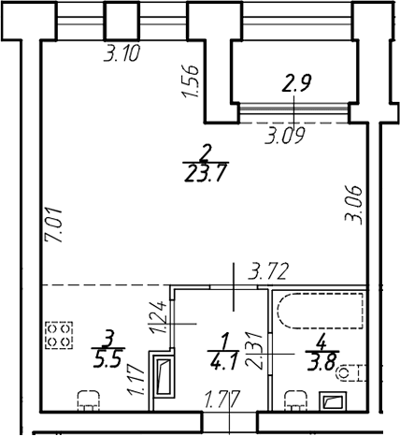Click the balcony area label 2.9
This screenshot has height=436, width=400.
click(x=296, y=83)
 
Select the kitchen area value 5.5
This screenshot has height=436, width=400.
click(x=107, y=359)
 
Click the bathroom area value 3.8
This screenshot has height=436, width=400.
click(x=322, y=363)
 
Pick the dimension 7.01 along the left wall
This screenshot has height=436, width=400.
click(x=53, y=226)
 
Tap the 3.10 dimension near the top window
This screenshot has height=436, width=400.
click(x=121, y=53)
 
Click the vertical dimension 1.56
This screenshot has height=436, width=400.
click(x=191, y=80)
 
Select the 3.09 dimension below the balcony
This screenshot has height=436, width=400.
click(x=284, y=136)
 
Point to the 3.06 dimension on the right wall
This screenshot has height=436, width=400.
click(x=353, y=205)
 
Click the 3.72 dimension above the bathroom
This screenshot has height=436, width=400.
click(x=268, y=271)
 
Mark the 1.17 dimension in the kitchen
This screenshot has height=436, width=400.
click(x=136, y=381)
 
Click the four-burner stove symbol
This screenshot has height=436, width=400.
click(x=59, y=335)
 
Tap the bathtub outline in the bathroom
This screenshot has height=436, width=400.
click(x=321, y=311)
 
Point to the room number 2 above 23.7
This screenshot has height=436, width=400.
click(x=206, y=153)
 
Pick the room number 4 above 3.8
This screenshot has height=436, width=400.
click(x=321, y=343)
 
